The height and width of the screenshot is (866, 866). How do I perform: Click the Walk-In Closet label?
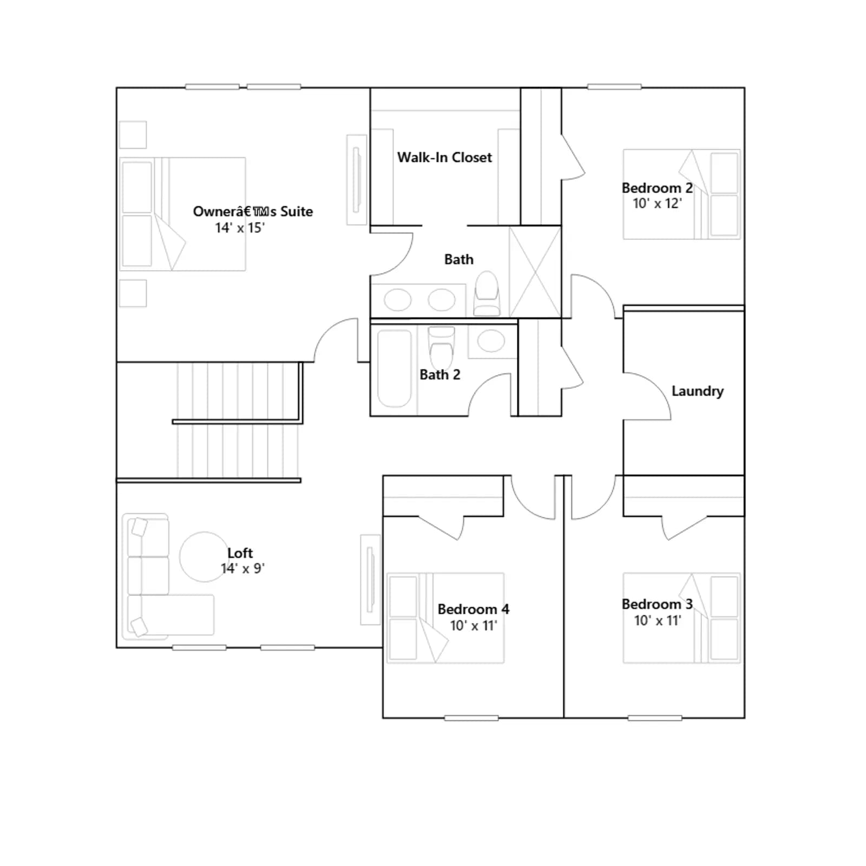point(444,158)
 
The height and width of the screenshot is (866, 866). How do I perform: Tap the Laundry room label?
point(697,391)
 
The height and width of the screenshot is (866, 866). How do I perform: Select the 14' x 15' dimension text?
point(240,228)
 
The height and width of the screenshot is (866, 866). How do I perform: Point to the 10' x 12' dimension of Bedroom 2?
point(657,204)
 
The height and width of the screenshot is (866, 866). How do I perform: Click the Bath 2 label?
point(439,375)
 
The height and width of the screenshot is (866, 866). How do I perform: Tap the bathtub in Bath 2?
point(394,368)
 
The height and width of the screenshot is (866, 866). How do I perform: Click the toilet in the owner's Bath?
point(486,293)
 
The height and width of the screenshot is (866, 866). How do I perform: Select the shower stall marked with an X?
point(535,272)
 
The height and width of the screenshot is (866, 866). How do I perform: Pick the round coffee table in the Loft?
point(204,556)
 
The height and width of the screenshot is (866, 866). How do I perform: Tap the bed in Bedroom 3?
point(681,618)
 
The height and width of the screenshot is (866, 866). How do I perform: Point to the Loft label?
point(240,553)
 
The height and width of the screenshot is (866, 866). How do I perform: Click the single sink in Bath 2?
point(491,341)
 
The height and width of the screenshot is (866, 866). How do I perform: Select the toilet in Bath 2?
point(442,347)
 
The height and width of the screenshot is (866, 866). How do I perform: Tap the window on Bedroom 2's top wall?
point(614,87)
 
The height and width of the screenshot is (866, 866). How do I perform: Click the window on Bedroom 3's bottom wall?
point(655,718)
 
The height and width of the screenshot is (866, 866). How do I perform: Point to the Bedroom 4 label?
point(473,609)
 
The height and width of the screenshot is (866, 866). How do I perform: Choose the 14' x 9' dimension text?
point(242,568)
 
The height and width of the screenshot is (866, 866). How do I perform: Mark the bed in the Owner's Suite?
point(183,214)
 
